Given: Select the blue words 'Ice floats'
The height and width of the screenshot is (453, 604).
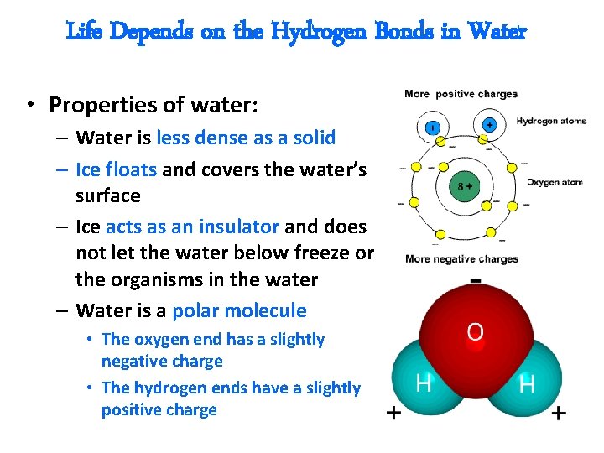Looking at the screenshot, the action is point(116,169).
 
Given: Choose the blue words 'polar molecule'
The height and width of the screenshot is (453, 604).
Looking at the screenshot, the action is point(239,310).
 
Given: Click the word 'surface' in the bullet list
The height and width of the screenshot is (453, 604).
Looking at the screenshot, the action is point(108,195).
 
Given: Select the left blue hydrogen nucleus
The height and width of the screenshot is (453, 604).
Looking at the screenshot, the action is point(433,128).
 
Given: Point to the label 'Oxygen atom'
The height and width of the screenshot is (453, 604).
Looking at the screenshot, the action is point(554,182).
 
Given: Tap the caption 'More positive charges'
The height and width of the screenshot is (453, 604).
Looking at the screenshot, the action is point(461,94).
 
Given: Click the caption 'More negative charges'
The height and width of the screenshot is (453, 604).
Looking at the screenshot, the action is point(461,259).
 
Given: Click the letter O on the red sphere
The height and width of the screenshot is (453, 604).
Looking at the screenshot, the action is point(474,332).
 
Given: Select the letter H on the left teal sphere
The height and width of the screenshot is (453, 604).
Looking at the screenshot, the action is point(424,384).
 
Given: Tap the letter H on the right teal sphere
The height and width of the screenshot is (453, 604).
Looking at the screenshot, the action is point(527,385).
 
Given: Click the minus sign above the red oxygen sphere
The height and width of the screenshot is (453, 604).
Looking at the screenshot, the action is point(475,279).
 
